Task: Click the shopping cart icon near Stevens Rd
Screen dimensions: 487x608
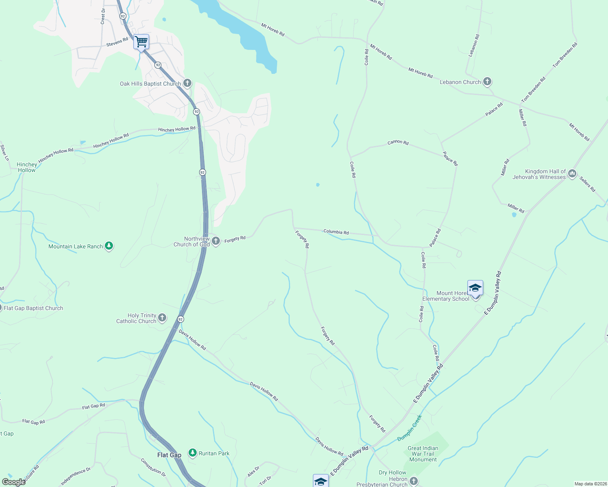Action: tap(141, 42)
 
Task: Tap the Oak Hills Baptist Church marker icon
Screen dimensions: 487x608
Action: tap(187, 83)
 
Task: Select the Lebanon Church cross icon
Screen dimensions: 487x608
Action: tap(487, 82)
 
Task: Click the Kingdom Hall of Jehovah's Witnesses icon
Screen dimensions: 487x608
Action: tap(572, 174)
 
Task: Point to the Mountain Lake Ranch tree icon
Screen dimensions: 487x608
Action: tap(109, 246)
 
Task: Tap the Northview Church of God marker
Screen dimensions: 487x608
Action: tap(216, 241)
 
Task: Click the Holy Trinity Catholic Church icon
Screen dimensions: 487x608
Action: tap(162, 317)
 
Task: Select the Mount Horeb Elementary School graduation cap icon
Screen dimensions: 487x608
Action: tap(475, 288)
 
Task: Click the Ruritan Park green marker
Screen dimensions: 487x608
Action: tap(193, 453)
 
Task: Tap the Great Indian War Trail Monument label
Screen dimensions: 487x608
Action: tap(423, 454)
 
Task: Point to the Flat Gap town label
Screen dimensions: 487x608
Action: tap(169, 455)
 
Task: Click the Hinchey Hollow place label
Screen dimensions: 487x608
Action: tap(27, 167)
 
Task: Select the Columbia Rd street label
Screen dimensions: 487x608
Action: tap(336, 232)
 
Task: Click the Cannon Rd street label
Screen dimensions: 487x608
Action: tap(398, 142)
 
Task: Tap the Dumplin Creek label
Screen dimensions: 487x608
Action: tap(410, 428)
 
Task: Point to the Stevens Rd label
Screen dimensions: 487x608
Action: tap(117, 42)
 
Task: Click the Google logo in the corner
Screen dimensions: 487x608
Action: tap(14, 482)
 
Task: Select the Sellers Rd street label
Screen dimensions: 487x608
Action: tap(587, 184)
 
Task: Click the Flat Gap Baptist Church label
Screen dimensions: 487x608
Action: tap(33, 308)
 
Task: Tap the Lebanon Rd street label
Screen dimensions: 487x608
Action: tap(474, 45)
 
